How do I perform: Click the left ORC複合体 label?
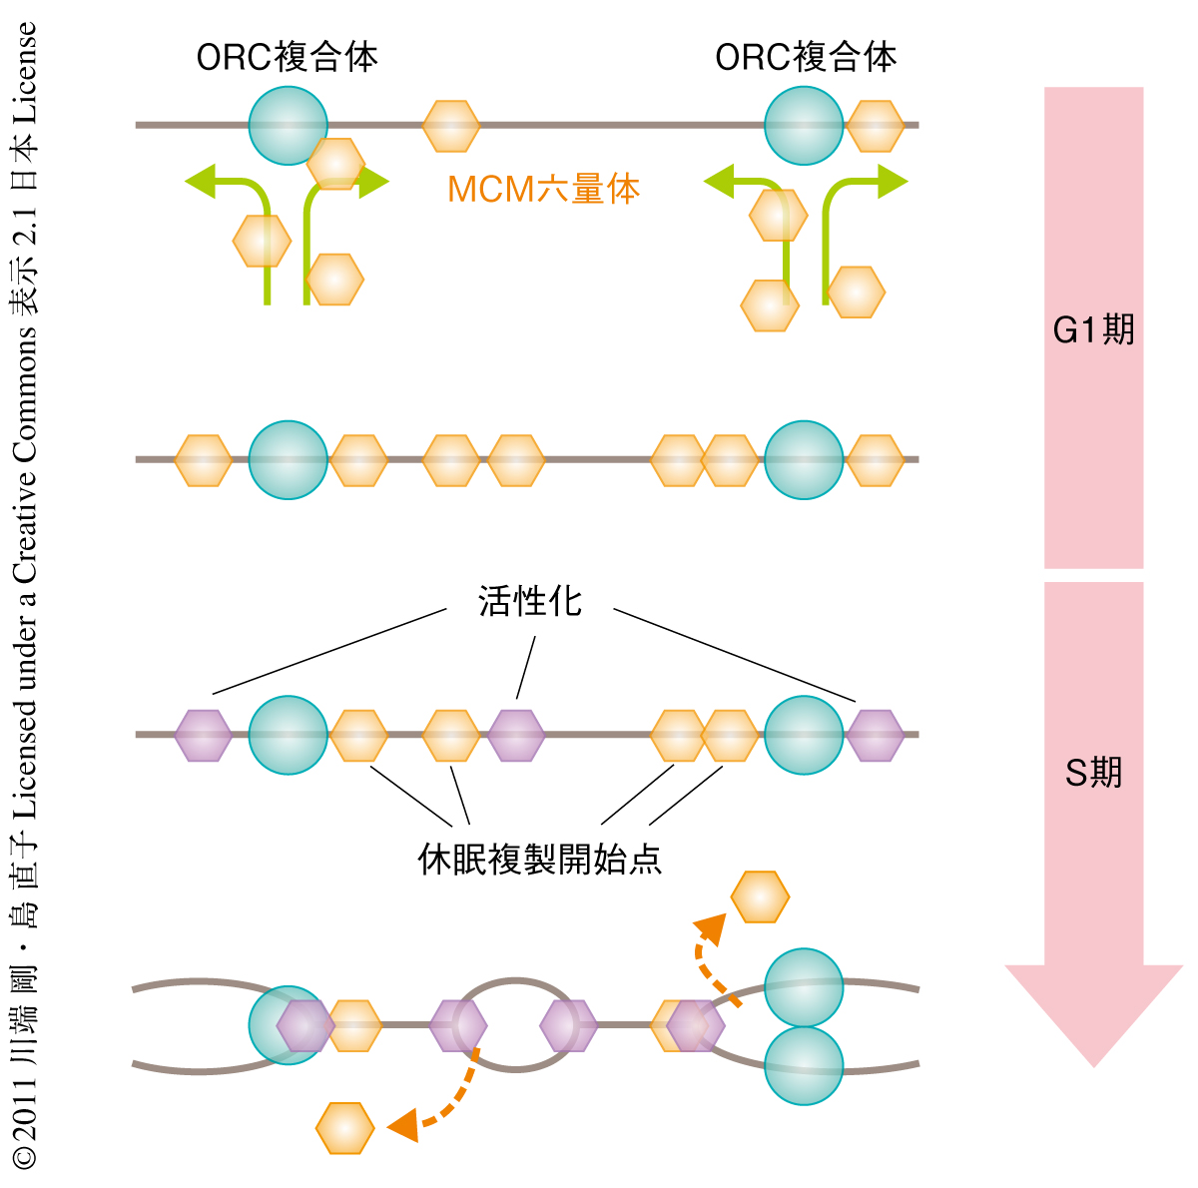287,57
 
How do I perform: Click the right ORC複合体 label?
806,57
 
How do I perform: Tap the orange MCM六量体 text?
543,189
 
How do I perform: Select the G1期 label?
1093,329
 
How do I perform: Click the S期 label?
1093,772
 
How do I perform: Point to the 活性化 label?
529,602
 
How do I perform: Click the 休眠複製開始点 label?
539,859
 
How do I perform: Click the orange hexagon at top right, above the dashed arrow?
760,896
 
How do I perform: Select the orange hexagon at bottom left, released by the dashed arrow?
344,1128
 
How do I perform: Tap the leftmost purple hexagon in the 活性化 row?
203,735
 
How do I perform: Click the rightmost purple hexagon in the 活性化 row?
876,735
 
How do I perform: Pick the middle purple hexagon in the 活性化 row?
516,735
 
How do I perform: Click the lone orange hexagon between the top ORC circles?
450,126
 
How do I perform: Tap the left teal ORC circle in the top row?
288,126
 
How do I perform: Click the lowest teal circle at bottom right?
804,1065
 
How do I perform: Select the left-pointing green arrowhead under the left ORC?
201,182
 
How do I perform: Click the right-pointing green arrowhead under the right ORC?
893,182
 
